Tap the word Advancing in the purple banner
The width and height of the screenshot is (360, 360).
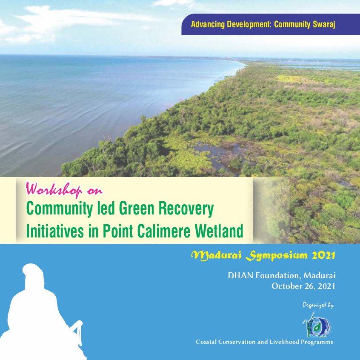pos(208,24)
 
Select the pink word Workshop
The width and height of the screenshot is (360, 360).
pos(54,190)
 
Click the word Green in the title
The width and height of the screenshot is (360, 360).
pos(137,208)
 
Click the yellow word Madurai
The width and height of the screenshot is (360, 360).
pos(216,255)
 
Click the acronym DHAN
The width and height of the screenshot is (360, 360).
pos(240,275)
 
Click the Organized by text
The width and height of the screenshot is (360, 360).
pos(318,305)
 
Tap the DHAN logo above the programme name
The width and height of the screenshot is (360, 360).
pos(317,325)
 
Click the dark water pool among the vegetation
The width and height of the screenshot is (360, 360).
pos(217,154)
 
